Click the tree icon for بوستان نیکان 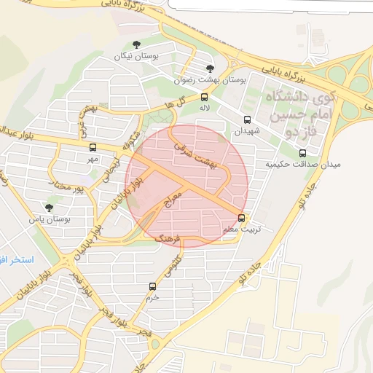(x=137, y=44)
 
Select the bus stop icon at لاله (x=204, y=96)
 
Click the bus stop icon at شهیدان (x=247, y=119)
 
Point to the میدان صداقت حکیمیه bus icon (x=302, y=153)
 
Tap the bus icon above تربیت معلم (x=242, y=217)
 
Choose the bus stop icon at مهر (x=92, y=148)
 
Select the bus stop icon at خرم (x=152, y=286)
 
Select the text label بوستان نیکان (x=136, y=56)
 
